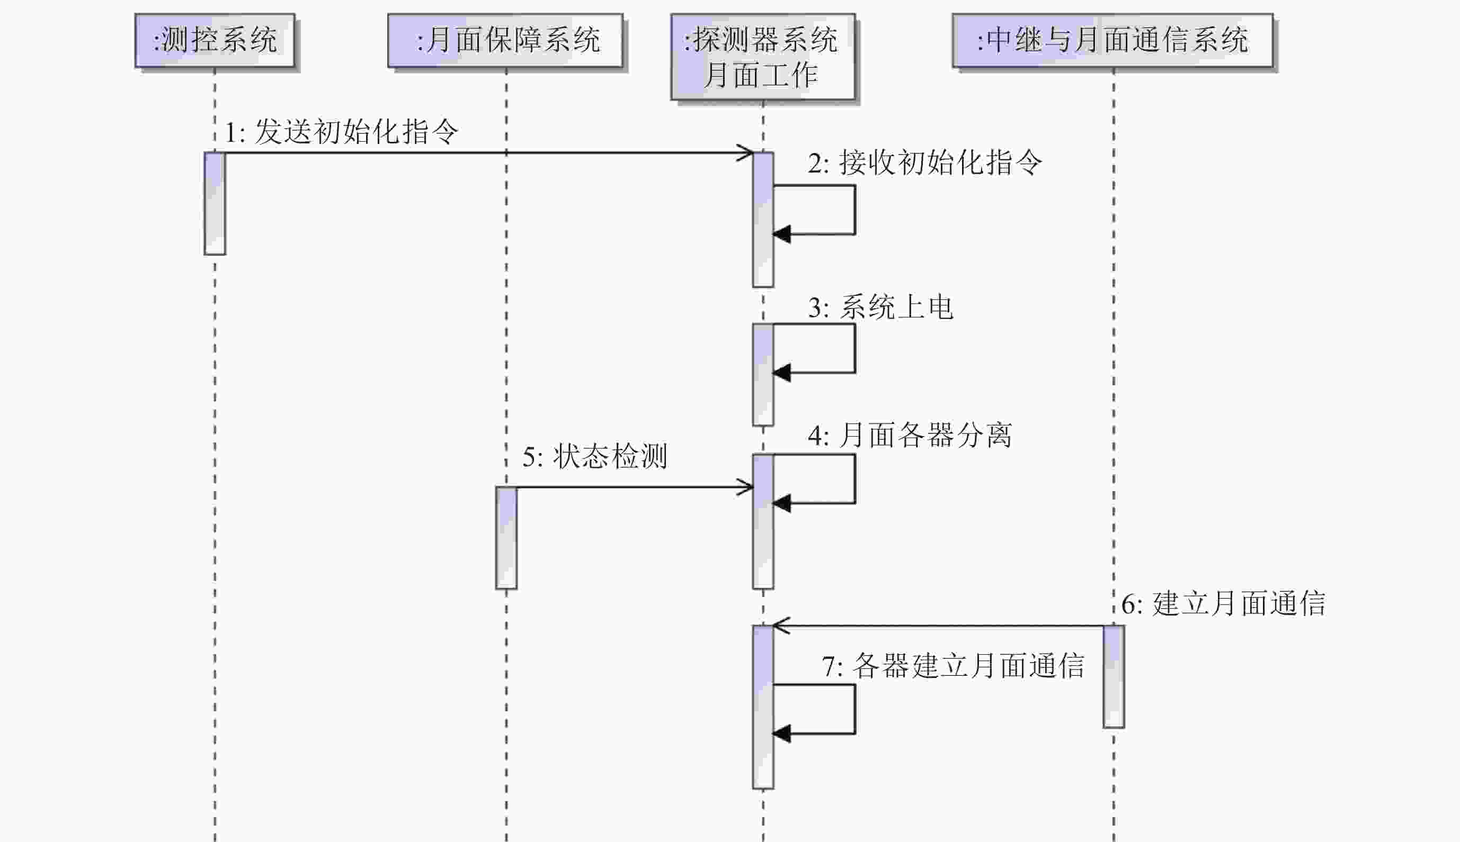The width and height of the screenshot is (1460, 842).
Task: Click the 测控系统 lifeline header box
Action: [x=215, y=40]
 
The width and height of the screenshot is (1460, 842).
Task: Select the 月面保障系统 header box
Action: [x=505, y=40]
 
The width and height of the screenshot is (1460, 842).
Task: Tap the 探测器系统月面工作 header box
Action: [x=763, y=57]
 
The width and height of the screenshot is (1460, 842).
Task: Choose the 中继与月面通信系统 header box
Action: [x=1112, y=40]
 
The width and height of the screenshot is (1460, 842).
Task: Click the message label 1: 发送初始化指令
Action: [x=341, y=132]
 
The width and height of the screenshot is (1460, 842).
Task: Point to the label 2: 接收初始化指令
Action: [x=925, y=162]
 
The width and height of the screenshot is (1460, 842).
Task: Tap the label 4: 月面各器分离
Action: [x=910, y=436]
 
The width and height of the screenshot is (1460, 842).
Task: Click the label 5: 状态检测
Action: [x=595, y=456]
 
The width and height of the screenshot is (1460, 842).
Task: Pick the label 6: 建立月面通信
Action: [x=1223, y=604]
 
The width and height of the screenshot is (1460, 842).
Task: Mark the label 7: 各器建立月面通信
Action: [x=953, y=666]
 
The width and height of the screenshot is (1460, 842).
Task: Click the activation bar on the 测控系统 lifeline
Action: [x=215, y=203]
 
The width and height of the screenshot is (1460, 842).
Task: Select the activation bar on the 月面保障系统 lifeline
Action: [x=506, y=538]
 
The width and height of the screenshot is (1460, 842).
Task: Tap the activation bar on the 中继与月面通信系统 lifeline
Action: [x=1114, y=676]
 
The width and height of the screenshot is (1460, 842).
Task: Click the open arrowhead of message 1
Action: [x=746, y=152]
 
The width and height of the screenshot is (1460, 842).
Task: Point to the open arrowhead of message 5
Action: [x=746, y=487]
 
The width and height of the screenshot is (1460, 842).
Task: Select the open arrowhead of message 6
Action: [x=780, y=626]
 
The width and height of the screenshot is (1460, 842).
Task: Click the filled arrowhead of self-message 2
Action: [x=781, y=234]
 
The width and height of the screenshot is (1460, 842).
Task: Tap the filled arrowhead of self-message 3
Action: [x=781, y=373]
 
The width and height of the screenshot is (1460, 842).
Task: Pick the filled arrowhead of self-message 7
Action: [x=781, y=734]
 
